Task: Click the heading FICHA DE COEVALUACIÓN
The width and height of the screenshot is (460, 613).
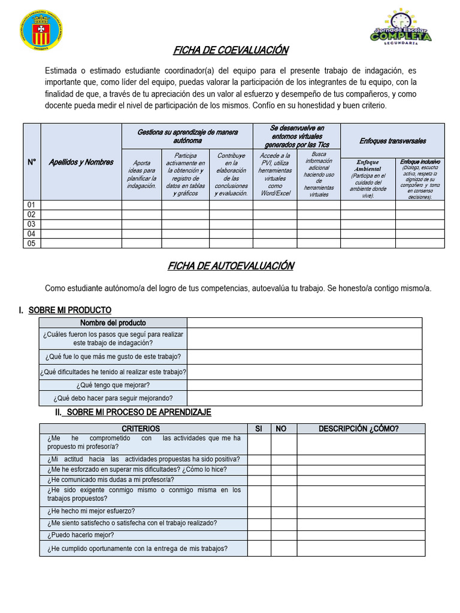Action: tap(231, 50)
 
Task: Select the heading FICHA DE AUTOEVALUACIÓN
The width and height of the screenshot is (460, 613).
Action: tap(231, 266)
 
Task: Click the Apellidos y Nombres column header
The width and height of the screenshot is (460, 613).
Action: tap(81, 162)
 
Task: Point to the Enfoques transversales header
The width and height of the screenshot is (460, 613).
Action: tap(392, 141)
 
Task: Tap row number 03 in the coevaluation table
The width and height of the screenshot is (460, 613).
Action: tap(32, 224)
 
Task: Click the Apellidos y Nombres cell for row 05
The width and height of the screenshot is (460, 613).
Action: tap(81, 243)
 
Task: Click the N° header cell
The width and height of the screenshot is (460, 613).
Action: tap(32, 162)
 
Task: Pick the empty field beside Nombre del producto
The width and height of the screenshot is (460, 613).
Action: tap(304, 323)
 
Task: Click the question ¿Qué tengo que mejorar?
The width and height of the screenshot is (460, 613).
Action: tap(113, 385)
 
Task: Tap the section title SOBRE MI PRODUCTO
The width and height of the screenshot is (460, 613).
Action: tap(69, 309)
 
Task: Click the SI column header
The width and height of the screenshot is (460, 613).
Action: tap(259, 429)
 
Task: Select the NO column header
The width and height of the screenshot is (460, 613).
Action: tap(282, 429)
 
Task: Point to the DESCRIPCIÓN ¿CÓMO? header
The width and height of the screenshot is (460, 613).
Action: tap(359, 429)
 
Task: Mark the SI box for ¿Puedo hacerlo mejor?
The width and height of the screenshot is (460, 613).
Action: tap(259, 535)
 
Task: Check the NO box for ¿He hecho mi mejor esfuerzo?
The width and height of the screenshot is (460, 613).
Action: tap(283, 511)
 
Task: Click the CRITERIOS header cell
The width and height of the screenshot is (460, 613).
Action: tap(141, 429)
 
